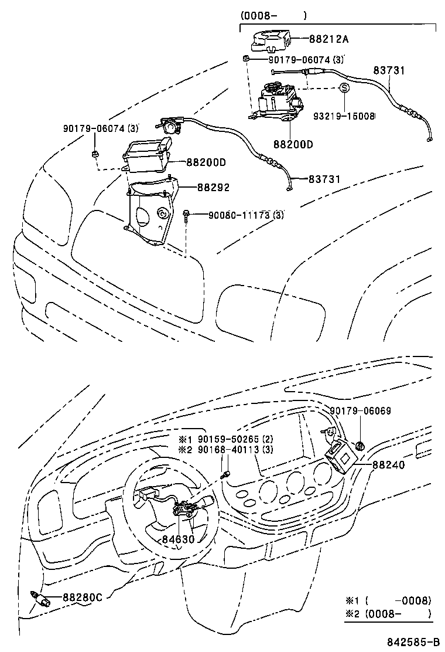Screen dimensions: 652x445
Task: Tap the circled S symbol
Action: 344,88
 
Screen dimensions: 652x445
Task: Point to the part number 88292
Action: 213,188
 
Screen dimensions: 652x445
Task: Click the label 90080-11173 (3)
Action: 246,215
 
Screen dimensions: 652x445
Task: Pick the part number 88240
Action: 388,464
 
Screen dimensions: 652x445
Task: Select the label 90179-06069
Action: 360,411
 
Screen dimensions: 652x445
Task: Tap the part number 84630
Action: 178,538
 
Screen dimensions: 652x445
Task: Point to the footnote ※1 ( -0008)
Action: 388,600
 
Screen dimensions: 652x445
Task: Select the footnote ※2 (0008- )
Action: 388,613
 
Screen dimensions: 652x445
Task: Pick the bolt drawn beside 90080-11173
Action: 186,216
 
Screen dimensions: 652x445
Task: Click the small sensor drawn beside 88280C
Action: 39,598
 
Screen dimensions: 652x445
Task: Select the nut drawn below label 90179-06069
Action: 361,446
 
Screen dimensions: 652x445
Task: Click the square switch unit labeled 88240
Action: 341,455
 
